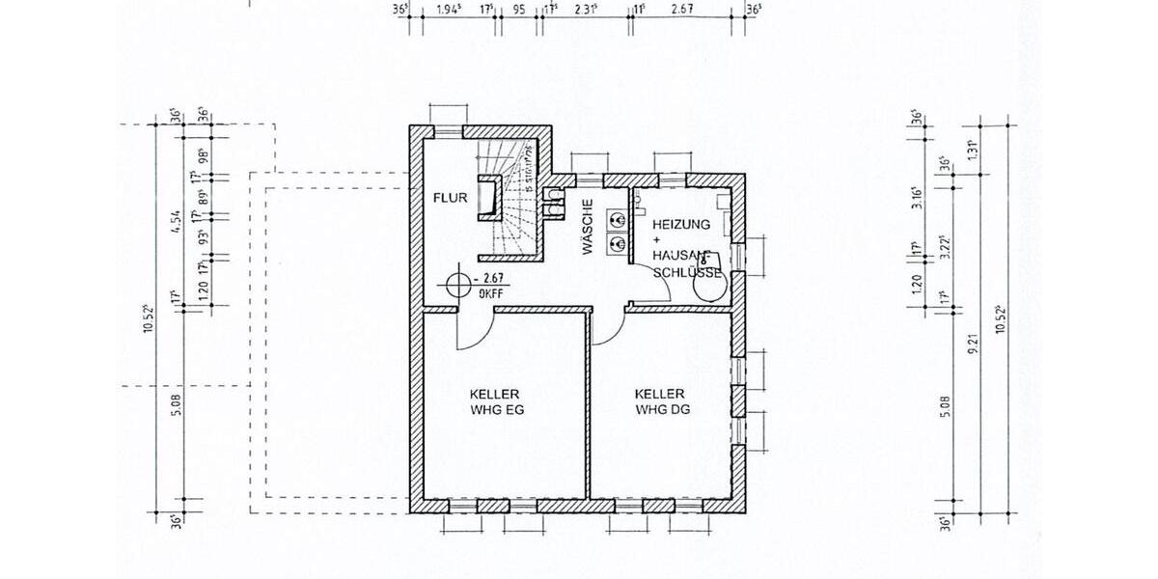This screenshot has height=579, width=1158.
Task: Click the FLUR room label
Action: [x=451, y=198]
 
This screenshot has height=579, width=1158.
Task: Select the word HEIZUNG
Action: [x=681, y=224]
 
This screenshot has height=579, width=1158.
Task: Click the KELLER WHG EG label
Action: [x=496, y=401]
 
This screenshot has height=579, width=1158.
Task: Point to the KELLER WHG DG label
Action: [x=661, y=401]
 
